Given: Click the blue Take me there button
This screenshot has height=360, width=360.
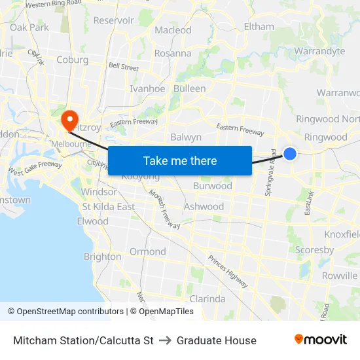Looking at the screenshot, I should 180,160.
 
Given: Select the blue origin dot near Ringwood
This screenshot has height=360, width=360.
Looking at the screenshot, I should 290,154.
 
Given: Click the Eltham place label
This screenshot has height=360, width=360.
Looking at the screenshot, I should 259,27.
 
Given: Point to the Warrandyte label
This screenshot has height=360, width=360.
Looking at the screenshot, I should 319,51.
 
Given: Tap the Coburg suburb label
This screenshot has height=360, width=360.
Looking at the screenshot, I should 73,60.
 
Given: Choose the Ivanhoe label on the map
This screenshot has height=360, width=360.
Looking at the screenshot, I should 147,88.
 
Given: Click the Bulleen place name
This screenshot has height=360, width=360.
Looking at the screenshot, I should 190,88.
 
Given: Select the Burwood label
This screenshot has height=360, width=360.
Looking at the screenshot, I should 213,186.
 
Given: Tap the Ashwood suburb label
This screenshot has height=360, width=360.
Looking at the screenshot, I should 204,206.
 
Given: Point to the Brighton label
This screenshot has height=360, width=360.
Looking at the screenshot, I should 103,257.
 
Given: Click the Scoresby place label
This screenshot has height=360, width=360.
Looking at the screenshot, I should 314,249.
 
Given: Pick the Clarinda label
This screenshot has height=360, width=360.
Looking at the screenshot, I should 207,298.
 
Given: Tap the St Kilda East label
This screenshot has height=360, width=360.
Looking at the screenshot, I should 108,206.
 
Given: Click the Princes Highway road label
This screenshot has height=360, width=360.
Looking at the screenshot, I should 228,270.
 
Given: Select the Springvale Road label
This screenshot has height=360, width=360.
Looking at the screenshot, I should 270,179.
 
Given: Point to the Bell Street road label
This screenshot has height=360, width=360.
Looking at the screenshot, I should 124,67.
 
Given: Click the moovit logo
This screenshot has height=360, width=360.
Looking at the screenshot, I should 320,340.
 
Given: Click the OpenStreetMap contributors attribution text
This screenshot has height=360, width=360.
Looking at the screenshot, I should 70,312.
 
